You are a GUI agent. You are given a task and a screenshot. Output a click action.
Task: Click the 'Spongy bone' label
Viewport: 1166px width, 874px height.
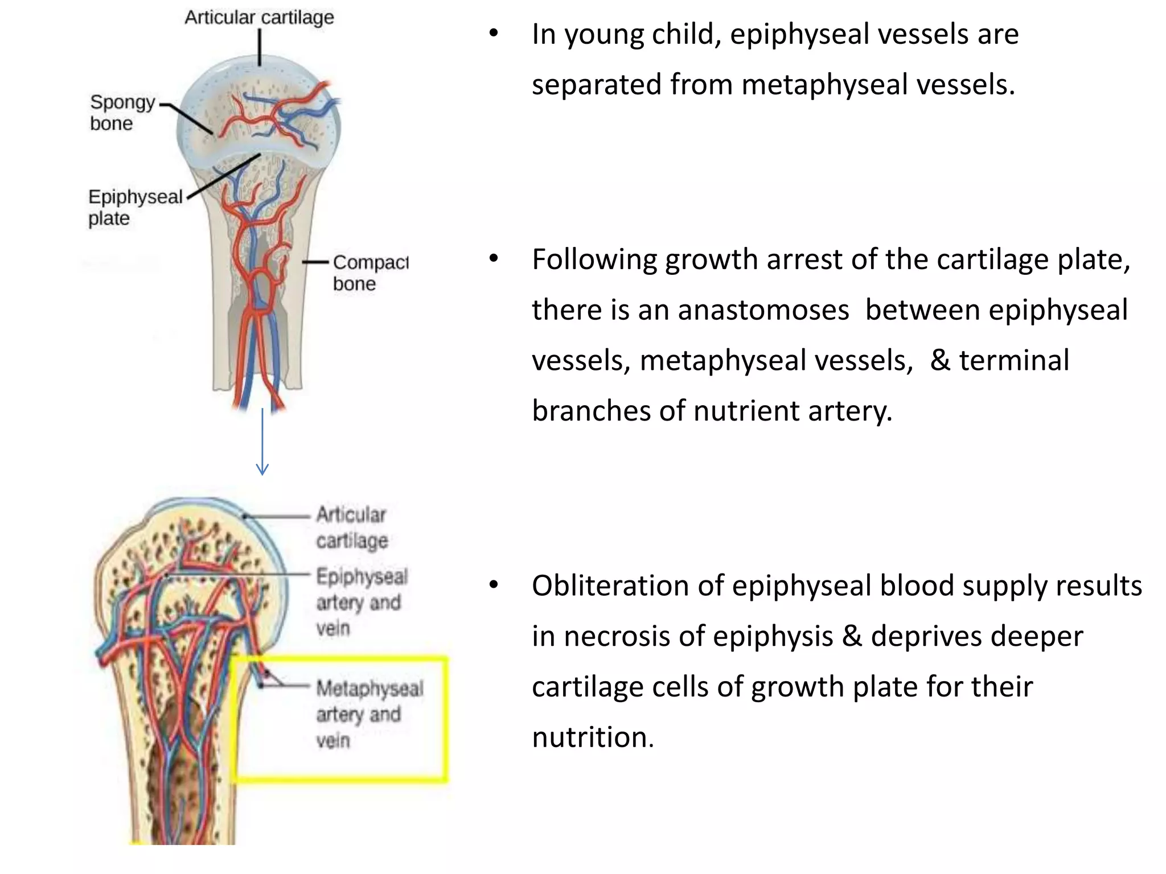(122, 113)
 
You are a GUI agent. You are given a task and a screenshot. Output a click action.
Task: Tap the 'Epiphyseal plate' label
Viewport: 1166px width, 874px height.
(135, 207)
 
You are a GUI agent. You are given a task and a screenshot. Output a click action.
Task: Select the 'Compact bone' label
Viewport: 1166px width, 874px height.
(370, 273)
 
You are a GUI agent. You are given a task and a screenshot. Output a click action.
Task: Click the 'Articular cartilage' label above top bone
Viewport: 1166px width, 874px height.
(259, 18)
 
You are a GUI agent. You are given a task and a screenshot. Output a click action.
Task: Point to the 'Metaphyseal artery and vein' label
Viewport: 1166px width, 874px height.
(369, 714)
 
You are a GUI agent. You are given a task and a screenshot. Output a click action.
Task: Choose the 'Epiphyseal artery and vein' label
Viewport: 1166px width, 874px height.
(362, 602)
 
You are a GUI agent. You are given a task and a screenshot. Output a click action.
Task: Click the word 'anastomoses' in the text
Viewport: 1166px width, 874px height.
(763, 311)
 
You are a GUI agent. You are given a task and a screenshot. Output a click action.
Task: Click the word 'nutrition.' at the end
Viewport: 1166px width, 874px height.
(593, 737)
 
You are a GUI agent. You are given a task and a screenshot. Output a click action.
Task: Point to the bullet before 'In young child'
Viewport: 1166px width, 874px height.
(494, 34)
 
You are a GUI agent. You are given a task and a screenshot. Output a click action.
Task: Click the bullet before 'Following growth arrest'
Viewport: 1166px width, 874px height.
(494, 259)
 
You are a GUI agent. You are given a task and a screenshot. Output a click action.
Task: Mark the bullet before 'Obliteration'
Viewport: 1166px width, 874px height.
(494, 585)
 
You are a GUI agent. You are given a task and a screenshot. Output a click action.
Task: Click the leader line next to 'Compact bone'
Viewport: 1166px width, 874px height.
(315, 262)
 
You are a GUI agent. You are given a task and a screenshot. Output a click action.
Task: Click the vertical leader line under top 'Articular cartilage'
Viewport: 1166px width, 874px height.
(260, 47)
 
